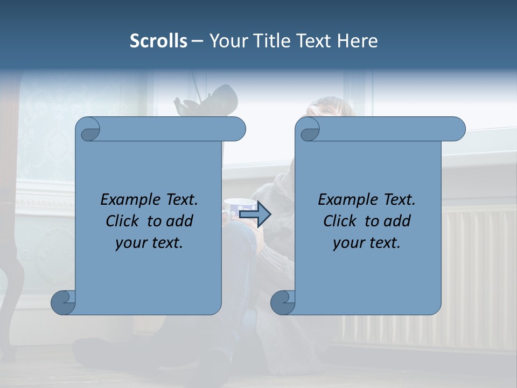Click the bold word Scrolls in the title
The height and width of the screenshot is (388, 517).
pyautogui.click(x=158, y=41)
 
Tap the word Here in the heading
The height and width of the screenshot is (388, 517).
pyautogui.click(x=358, y=41)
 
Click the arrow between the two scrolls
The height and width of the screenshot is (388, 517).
pyautogui.click(x=255, y=214)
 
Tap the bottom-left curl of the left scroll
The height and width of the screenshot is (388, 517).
pyautogui.click(x=63, y=302)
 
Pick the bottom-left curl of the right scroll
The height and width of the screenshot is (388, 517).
pyautogui.click(x=283, y=302)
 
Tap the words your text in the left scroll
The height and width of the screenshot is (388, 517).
pyautogui.click(x=149, y=242)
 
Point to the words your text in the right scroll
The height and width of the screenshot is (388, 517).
pyautogui.click(x=367, y=242)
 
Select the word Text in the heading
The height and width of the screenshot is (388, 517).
pyautogui.click(x=316, y=41)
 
